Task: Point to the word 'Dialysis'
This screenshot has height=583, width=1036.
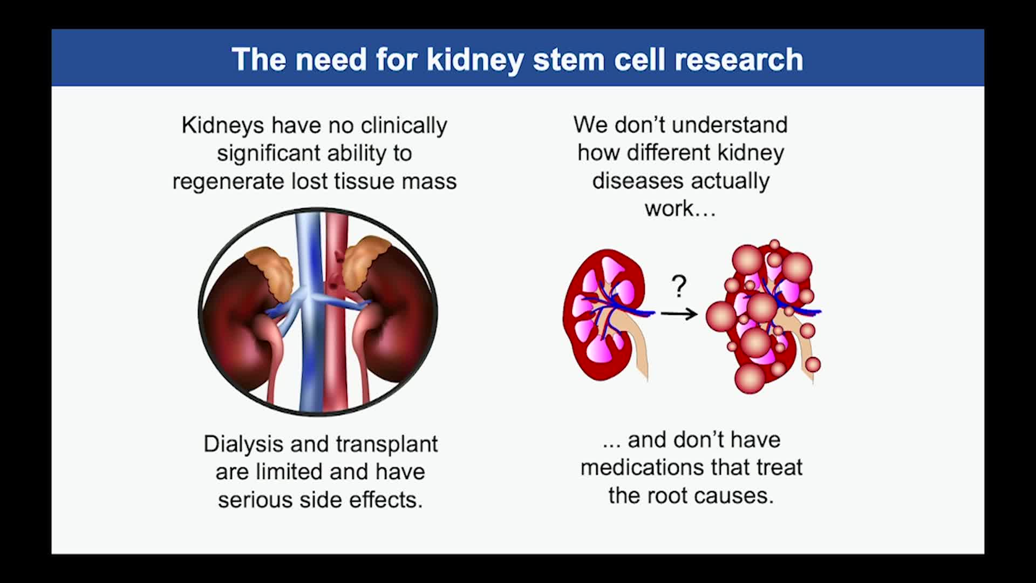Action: (243, 444)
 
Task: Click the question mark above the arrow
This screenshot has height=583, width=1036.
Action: (679, 286)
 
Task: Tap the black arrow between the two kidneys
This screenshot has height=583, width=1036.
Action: (679, 313)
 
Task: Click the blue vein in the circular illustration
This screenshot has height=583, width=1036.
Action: (309, 313)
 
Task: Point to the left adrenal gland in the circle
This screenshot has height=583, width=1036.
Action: (270, 273)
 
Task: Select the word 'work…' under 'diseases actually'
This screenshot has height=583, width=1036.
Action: (680, 209)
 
